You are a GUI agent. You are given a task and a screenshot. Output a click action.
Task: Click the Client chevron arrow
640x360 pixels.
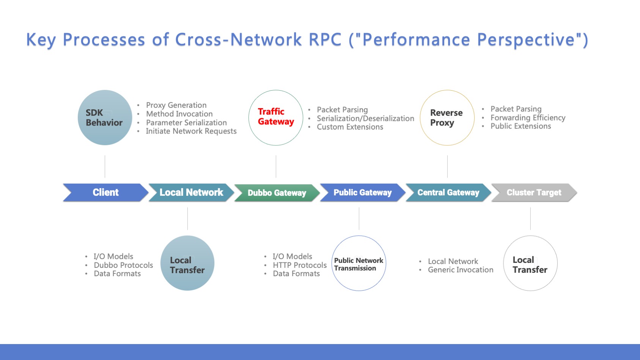click(105, 192)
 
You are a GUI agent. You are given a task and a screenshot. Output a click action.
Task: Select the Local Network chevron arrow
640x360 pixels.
click(191, 192)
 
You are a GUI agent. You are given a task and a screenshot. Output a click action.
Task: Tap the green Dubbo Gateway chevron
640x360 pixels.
click(277, 193)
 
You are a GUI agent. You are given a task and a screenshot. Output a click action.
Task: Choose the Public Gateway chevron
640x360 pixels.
click(362, 192)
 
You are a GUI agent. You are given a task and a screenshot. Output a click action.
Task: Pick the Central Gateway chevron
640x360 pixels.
click(448, 192)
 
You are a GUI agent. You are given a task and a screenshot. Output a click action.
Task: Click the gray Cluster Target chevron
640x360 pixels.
click(534, 192)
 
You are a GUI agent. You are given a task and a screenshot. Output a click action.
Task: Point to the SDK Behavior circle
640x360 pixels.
click(105, 118)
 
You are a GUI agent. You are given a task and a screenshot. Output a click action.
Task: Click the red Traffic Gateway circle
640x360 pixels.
click(276, 118)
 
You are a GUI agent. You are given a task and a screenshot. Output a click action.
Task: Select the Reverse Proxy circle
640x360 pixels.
click(447, 118)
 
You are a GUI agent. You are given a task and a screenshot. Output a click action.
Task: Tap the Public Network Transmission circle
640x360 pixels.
click(359, 264)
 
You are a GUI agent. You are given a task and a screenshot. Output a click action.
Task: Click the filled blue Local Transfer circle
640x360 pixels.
click(187, 263)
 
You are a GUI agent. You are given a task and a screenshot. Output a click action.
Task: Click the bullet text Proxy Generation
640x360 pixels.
click(176, 105)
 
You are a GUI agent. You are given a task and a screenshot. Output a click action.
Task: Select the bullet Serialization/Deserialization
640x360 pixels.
click(365, 118)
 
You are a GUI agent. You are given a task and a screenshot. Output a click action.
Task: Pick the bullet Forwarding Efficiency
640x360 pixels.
click(528, 118)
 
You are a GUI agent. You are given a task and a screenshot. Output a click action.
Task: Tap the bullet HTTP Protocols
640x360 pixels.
click(299, 265)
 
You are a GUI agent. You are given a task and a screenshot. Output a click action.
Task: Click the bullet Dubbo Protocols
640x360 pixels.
click(123, 265)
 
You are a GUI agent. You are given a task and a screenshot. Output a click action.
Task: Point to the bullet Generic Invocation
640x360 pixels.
click(461, 270)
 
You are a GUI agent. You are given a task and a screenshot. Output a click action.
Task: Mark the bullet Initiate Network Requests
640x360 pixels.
click(191, 131)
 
